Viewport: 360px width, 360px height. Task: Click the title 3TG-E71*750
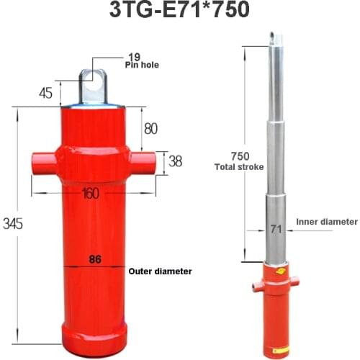tap(180, 12)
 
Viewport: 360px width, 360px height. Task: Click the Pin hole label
tap(142, 65)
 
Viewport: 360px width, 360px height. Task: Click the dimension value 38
tap(175, 161)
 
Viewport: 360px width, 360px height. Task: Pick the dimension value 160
tap(91, 194)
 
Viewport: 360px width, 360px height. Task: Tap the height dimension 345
tap(12, 224)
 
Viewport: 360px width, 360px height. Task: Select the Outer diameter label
tap(160, 271)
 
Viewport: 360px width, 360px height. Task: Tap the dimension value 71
tap(274, 230)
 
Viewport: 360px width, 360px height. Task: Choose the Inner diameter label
tap(326, 222)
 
